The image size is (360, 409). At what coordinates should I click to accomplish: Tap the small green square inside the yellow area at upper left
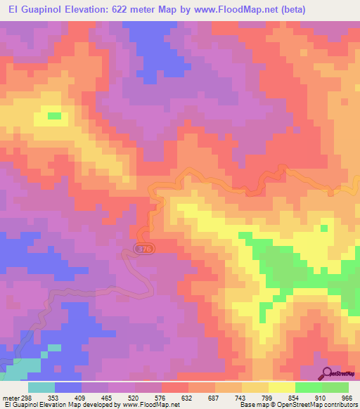54,115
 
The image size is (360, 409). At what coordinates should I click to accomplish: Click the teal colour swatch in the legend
41,387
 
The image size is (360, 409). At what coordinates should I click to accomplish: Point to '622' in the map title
124,11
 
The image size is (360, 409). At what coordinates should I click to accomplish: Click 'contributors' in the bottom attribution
339,405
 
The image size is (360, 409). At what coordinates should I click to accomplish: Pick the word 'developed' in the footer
95,405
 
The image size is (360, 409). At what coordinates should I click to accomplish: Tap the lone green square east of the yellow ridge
323,228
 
